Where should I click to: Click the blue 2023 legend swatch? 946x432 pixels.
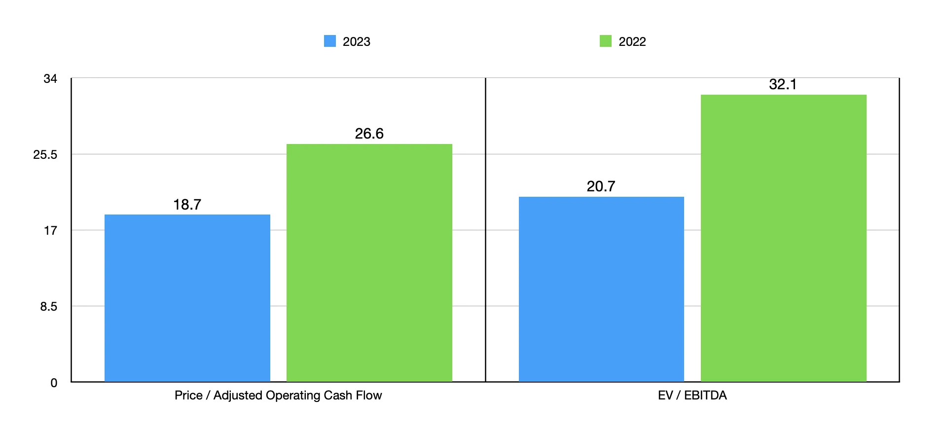pyautogui.click(x=329, y=41)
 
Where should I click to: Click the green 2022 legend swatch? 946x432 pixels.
pyautogui.click(x=605, y=41)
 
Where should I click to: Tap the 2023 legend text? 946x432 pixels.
pyautogui.click(x=356, y=41)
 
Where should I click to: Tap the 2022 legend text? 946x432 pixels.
pyautogui.click(x=632, y=41)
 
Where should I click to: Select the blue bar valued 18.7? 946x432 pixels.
pyautogui.click(x=187, y=298)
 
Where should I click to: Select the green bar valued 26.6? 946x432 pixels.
pyautogui.click(x=369, y=263)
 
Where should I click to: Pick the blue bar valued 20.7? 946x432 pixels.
pyautogui.click(x=601, y=289)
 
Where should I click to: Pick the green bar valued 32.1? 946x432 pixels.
pyautogui.click(x=783, y=238)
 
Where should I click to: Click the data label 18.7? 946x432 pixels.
pyautogui.click(x=187, y=204)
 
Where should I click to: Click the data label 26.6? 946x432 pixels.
pyautogui.click(x=369, y=134)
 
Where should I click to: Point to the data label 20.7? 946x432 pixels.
pyautogui.click(x=601, y=186)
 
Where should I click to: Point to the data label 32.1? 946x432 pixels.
pyautogui.click(x=783, y=84)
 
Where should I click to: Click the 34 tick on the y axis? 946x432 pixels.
pyautogui.click(x=50, y=78)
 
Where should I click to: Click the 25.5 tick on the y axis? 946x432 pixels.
pyautogui.click(x=45, y=155)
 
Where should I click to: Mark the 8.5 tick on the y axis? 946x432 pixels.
pyautogui.click(x=48, y=307)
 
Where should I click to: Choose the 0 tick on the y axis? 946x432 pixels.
pyautogui.click(x=53, y=383)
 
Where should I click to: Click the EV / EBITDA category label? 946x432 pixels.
pyautogui.click(x=692, y=395)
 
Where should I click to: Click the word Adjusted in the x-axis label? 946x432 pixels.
pyautogui.click(x=238, y=396)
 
